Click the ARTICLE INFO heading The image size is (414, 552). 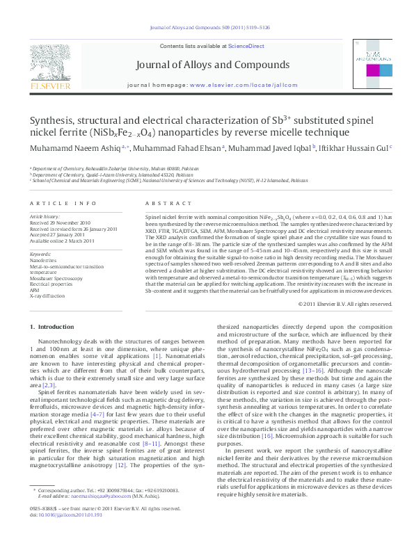pos(63,203)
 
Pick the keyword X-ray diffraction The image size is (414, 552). pos(45,295)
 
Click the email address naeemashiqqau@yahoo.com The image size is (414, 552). pos(97,515)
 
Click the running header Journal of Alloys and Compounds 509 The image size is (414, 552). pos(206,29)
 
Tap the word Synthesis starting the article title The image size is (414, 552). pos(56,120)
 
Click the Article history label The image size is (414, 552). pos(45,217)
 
